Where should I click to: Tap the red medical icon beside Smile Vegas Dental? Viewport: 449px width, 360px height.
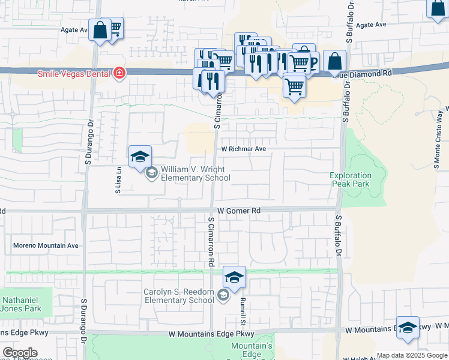point(119,73)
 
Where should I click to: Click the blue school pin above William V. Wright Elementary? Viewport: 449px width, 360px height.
point(140,157)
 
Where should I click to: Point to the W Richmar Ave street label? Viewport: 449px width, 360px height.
point(243,149)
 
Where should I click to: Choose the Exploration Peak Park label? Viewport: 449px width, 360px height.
point(351,180)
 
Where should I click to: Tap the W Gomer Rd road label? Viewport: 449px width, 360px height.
point(239,211)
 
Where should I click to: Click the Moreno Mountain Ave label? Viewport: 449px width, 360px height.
point(46,245)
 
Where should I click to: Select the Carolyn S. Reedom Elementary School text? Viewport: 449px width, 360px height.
point(178,296)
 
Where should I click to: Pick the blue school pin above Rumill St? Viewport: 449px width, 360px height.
point(234,277)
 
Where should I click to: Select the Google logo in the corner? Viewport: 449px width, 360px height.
point(20,353)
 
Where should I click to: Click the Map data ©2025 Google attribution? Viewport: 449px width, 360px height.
point(412,355)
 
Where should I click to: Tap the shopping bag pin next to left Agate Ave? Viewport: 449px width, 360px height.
point(99,30)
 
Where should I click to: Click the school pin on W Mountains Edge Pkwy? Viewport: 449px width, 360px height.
point(408,328)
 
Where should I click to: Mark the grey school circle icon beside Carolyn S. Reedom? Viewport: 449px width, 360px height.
point(223,295)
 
